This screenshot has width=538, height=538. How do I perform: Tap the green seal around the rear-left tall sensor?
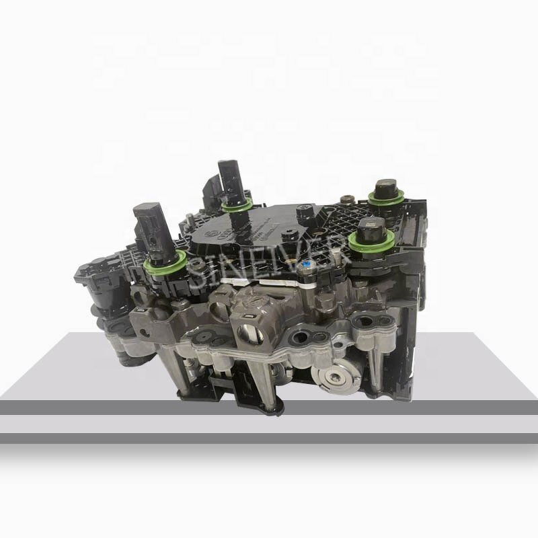point(237,204)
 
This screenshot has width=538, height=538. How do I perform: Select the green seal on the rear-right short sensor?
point(385,197)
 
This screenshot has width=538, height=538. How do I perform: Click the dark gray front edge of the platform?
point(269,407)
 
